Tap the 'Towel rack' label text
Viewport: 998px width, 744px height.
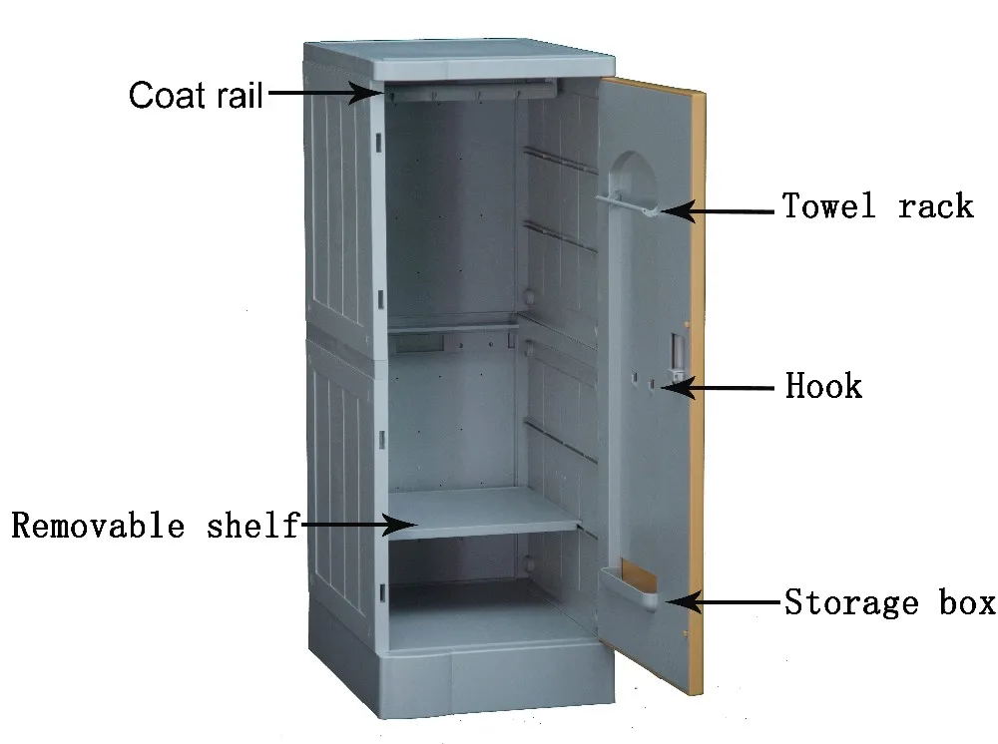pos(877,206)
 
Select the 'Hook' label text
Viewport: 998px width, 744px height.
pos(823,385)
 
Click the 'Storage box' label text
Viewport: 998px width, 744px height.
pos(889,602)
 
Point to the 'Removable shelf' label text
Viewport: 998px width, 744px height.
pos(156,525)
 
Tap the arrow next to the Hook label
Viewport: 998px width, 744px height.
pos(724,388)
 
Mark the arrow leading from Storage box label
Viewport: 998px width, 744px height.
pos(724,601)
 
